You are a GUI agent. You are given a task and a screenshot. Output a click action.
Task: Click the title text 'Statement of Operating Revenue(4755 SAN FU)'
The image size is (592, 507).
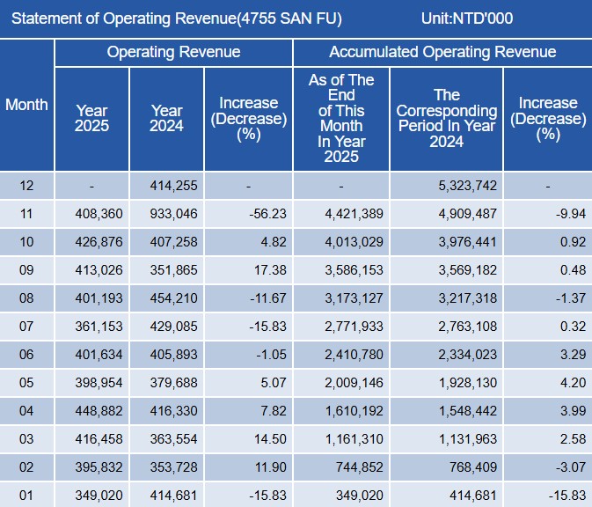click(x=177, y=18)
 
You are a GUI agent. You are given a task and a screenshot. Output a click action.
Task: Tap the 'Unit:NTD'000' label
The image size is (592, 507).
click(x=467, y=18)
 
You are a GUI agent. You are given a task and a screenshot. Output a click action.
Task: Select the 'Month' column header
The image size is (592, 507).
click(x=26, y=105)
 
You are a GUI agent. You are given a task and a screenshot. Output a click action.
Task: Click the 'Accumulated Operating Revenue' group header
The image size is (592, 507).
click(x=442, y=52)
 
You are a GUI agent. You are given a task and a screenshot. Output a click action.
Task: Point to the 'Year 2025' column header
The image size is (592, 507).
click(x=91, y=119)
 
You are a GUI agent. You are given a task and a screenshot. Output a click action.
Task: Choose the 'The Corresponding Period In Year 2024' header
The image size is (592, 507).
click(x=447, y=119)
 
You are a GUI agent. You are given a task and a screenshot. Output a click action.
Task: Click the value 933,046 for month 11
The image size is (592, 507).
click(x=167, y=213)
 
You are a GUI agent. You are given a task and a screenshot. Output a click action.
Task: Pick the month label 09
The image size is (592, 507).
click(x=26, y=270)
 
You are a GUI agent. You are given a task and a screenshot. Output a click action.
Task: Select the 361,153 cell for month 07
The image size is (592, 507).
click(x=91, y=327)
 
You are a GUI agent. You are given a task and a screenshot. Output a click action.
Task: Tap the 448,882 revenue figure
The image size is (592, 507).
click(x=91, y=411)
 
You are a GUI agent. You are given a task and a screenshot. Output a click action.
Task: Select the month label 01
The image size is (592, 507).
click(x=26, y=496)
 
